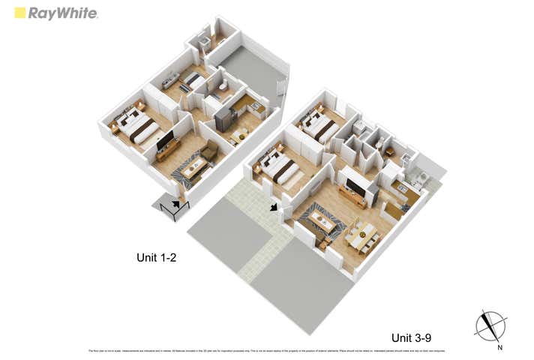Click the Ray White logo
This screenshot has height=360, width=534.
point(55,13)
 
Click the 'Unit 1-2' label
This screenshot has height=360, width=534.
point(156,257)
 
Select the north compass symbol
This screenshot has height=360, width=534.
point(490,325)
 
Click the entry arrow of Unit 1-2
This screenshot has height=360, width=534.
point(176,202)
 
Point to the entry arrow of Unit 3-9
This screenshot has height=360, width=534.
point(273,206)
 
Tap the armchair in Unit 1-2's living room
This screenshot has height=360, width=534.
point(209,152)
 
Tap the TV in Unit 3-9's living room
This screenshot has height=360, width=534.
point(355,187)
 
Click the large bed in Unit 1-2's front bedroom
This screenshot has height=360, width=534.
point(137,126)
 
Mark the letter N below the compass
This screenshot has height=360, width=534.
point(498,347)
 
